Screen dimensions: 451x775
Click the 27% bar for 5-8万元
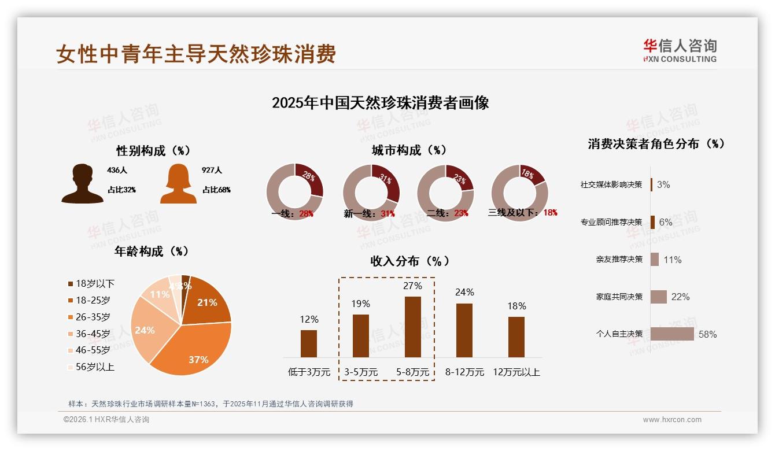pyautogui.click(x=412, y=327)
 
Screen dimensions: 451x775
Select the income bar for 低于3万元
pyautogui.click(x=309, y=343)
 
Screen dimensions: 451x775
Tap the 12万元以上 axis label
pyautogui.click(x=516, y=372)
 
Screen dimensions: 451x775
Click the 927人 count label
pyautogui.click(x=212, y=171)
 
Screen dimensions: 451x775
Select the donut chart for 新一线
pyautogui.click(x=371, y=192)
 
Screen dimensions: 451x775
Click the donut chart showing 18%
pyautogui.click(x=519, y=192)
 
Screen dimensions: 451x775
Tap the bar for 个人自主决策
pyautogui.click(x=672, y=334)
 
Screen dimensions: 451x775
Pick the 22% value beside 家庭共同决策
pyautogui.click(x=680, y=297)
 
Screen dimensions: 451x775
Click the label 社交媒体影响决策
pyautogui.click(x=611, y=184)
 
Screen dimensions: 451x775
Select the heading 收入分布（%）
pyautogui.click(x=410, y=261)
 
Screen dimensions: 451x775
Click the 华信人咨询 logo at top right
pyautogui.click(x=680, y=50)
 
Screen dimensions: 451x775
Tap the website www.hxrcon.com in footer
pyautogui.click(x=672, y=420)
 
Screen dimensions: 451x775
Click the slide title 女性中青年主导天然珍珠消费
pyautogui.click(x=196, y=54)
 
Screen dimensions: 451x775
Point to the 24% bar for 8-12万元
pyautogui.click(x=464, y=330)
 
